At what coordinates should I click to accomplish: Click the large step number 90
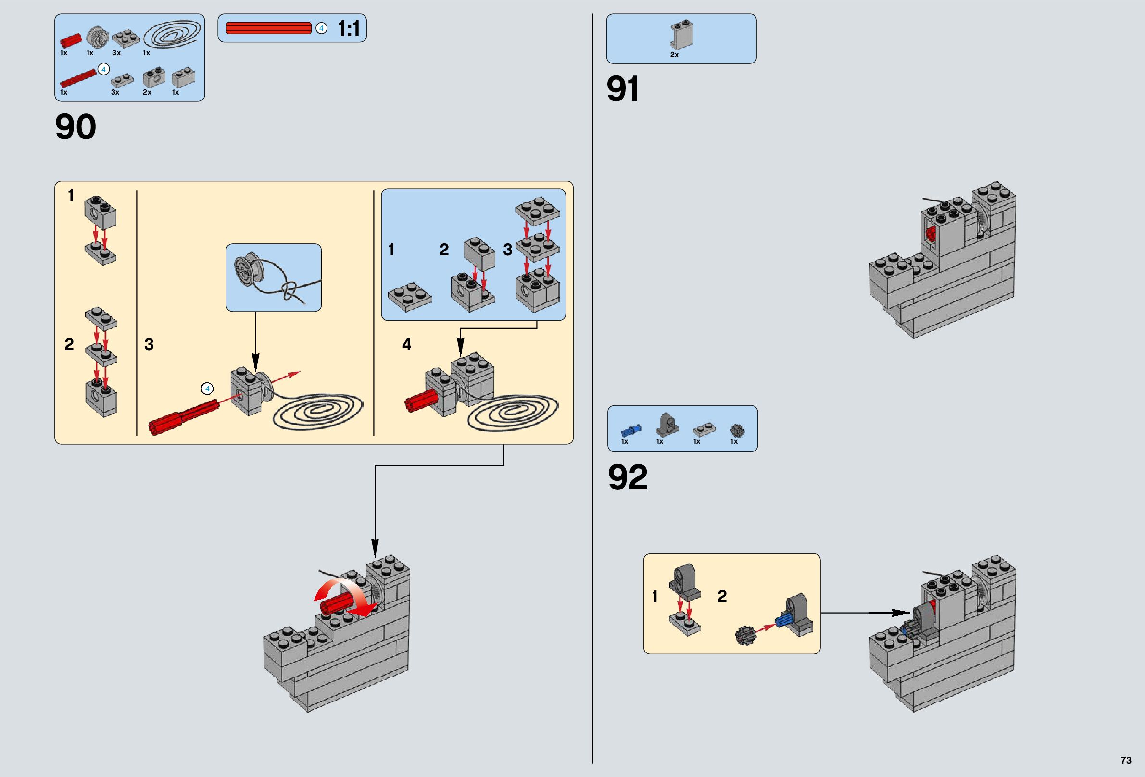click(x=75, y=127)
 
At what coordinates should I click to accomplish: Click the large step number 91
click(x=623, y=89)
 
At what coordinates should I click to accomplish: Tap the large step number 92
click(x=628, y=477)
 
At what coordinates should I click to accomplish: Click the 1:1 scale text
click(x=348, y=28)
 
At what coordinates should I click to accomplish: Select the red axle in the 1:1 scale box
click(x=268, y=28)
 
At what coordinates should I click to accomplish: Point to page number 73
click(x=1126, y=760)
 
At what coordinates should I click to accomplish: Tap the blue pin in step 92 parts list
click(x=630, y=430)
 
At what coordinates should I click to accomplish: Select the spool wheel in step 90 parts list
click(x=98, y=37)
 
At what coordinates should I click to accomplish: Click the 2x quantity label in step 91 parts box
click(x=674, y=55)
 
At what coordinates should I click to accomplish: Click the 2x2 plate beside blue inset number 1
click(x=409, y=297)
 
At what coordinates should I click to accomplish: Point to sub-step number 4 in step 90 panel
click(x=406, y=344)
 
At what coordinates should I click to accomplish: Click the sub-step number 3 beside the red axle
click(x=149, y=344)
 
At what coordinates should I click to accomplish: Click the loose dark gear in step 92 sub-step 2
click(x=745, y=636)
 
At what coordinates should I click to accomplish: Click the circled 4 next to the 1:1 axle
click(x=321, y=28)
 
